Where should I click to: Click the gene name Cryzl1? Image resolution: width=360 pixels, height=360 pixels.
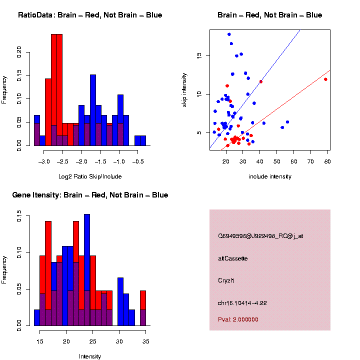click(226, 280)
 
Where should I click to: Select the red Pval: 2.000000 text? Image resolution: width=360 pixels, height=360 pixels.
click(238, 319)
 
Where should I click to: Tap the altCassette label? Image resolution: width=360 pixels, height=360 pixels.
click(233, 258)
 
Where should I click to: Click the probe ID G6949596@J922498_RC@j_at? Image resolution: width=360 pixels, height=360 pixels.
click(260, 236)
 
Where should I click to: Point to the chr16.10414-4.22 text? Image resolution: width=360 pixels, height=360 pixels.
click(242, 303)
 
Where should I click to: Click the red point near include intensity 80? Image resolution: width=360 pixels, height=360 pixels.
click(325, 79)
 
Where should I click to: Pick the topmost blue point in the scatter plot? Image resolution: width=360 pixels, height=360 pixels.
click(229, 34)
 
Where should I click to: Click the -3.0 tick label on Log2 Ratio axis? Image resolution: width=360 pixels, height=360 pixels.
click(44, 161)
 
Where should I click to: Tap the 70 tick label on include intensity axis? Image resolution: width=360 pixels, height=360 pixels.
click(310, 161)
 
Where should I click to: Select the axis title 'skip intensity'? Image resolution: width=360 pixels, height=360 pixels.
click(184, 90)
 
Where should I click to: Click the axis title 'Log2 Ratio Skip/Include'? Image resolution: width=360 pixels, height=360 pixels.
click(90, 176)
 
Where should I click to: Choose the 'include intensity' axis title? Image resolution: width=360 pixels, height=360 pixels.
click(270, 176)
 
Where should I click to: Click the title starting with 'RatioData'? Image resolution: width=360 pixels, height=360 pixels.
click(90, 15)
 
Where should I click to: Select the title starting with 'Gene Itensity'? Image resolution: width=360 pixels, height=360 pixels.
click(90, 195)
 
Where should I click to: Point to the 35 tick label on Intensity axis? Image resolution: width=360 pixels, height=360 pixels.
click(146, 341)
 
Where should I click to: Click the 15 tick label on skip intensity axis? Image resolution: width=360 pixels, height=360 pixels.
click(199, 55)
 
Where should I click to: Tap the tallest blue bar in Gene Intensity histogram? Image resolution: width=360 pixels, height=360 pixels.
click(87, 270)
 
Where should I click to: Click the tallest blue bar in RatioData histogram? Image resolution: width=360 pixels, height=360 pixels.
click(93, 110)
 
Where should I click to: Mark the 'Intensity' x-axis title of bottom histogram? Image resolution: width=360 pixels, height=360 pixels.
click(90, 356)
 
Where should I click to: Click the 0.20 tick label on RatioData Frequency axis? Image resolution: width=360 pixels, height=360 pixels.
click(19, 52)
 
